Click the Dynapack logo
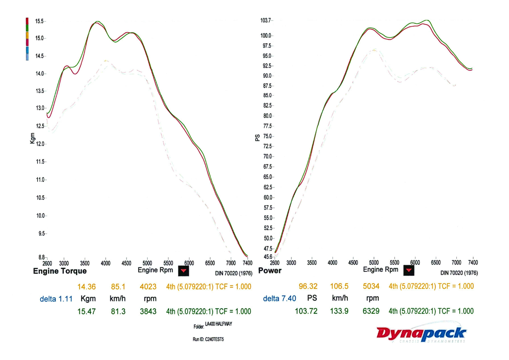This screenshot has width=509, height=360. pos(421,333)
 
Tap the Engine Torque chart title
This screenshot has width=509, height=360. pos(60,271)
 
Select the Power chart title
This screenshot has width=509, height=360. pos(270,271)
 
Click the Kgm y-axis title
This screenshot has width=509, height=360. pos(33,138)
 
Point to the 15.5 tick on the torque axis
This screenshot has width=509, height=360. pos(40,21)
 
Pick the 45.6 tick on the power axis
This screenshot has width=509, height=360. pos(268,257)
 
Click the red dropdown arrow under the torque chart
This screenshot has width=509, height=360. pos(183,270)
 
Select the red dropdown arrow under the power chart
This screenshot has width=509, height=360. pos(408,270)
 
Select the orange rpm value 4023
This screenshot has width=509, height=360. pos(148,287)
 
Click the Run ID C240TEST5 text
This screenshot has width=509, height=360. pos(208,340)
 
